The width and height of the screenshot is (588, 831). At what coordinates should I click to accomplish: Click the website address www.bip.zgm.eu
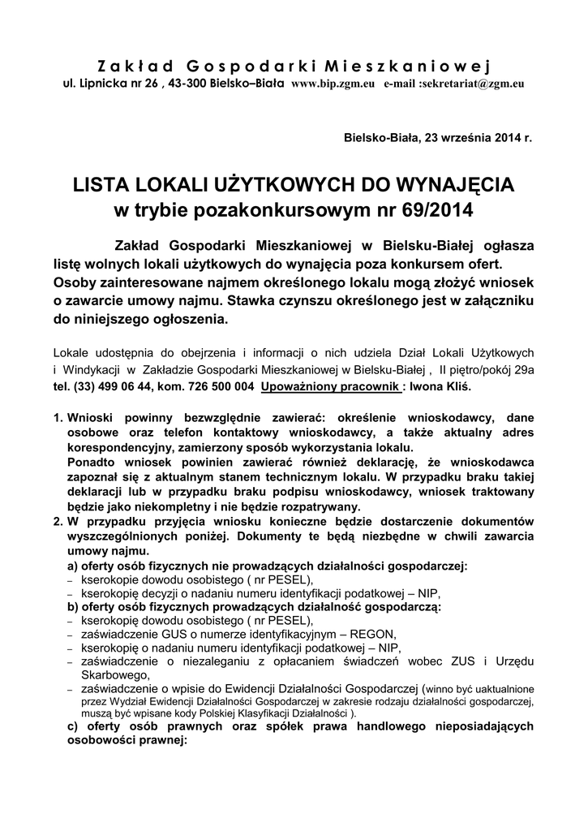click(333, 84)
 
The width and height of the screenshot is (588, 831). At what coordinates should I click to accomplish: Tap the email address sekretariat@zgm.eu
click(472, 84)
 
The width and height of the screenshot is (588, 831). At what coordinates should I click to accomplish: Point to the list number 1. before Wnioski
click(58, 416)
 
